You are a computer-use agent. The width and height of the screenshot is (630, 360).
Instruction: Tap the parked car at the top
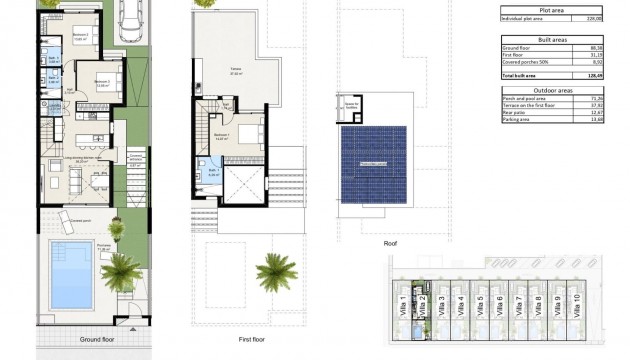127,20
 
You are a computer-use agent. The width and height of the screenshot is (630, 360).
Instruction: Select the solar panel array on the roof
372,162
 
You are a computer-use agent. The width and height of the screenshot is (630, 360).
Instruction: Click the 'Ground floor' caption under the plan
99,339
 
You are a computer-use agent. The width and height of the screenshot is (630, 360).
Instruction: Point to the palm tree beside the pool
122,270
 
